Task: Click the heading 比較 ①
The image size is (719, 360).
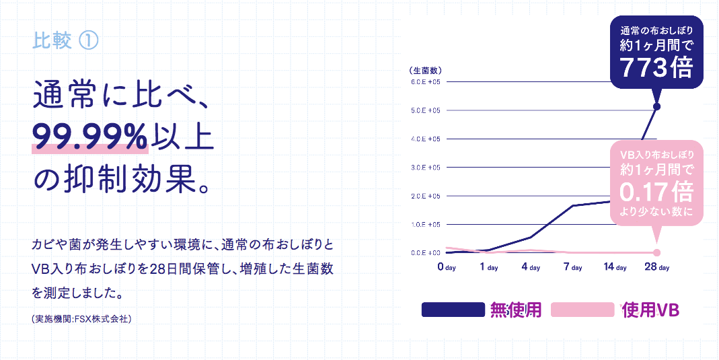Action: coord(65,41)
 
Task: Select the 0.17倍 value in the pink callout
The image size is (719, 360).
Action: coord(656,193)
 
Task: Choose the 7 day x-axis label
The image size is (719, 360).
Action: coord(572,267)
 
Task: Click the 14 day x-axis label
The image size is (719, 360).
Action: coord(615,267)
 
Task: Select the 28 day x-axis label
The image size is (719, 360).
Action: coord(657,267)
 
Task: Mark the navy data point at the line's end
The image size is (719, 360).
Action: coord(657,106)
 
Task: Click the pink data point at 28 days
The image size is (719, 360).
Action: coord(657,253)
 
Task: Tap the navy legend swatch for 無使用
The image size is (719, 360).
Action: coord(453,310)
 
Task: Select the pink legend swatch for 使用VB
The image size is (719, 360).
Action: coord(582,310)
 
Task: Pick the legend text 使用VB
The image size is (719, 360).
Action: coord(650,310)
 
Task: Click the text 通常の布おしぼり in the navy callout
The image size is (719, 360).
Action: coord(656,30)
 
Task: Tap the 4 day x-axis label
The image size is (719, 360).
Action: coord(531,267)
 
